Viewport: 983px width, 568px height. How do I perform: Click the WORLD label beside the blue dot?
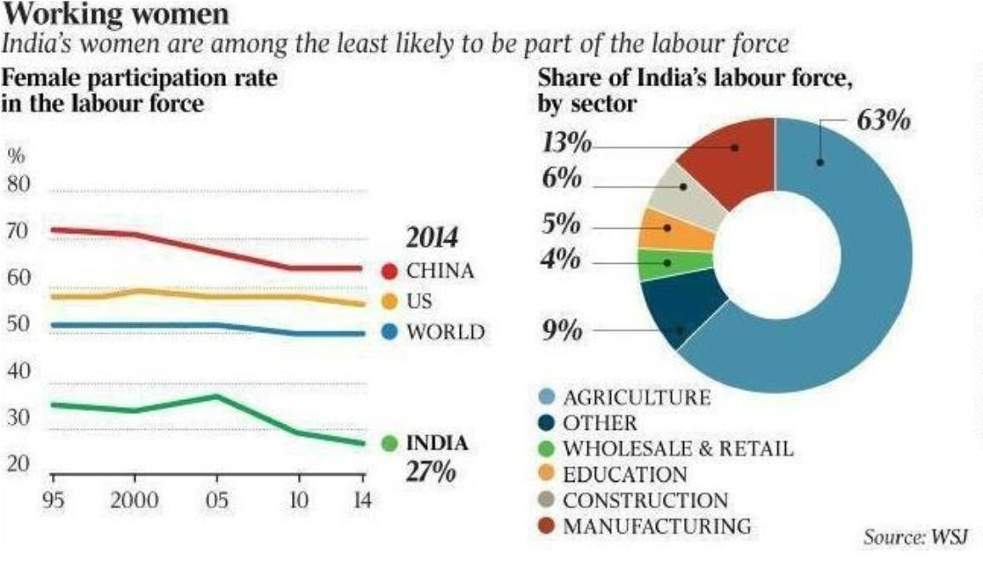[x=445, y=332]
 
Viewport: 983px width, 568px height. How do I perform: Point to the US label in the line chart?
[x=419, y=302]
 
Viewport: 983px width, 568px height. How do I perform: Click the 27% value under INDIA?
[x=429, y=471]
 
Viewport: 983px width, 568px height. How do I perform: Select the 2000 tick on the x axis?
[x=134, y=501]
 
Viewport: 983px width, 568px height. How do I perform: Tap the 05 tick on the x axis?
[x=216, y=501]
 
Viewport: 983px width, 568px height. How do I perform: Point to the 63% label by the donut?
[x=883, y=120]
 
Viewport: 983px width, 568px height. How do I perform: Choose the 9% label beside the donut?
[x=559, y=331]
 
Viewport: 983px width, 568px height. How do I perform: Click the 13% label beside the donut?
[x=564, y=143]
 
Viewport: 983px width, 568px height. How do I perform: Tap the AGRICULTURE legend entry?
[x=636, y=397]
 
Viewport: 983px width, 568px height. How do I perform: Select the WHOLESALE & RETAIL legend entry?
[x=678, y=448]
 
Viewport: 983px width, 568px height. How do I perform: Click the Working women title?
[x=119, y=14]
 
